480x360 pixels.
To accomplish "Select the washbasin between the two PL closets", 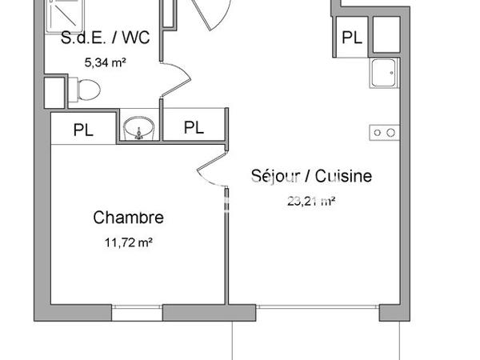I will [140, 128].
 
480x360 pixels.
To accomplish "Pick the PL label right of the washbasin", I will [193, 127].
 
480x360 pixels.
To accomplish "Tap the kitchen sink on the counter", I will [384, 74].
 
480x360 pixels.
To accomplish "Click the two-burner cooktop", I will [384, 132].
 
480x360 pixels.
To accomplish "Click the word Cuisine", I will [345, 176].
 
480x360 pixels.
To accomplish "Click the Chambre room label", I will [129, 217].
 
